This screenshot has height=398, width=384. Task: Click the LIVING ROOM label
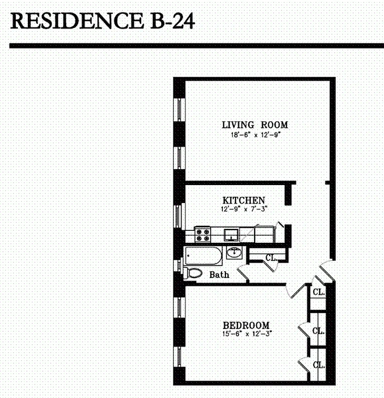[255, 125]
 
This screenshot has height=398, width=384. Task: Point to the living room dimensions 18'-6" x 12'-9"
[255, 135]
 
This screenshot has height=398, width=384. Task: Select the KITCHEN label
[236, 200]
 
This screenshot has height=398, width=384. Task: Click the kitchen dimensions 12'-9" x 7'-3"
[236, 209]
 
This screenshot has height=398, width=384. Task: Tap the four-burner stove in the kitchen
[202, 234]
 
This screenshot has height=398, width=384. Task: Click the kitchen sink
[230, 234]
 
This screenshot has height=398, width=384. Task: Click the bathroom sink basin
[233, 253]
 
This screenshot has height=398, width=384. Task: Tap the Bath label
[219, 275]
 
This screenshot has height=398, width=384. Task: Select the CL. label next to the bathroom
[271, 258]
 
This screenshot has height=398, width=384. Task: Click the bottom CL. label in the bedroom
[319, 365]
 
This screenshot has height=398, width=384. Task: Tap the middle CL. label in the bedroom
[318, 330]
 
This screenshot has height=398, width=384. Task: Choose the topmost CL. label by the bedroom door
[318, 292]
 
